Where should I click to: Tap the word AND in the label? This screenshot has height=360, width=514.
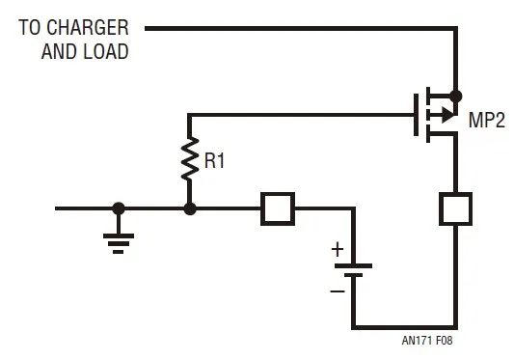59,51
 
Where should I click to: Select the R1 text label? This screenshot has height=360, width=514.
214,161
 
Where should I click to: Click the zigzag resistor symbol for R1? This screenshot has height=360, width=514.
189,162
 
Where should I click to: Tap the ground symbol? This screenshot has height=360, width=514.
119,239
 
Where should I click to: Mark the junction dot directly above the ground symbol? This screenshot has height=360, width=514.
119,208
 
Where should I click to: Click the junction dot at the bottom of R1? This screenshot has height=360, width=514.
189,208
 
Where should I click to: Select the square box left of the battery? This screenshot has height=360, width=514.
278,208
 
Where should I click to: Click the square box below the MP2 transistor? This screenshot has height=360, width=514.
454,208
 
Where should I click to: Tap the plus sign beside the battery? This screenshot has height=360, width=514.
338,249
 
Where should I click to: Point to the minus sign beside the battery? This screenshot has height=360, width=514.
338,290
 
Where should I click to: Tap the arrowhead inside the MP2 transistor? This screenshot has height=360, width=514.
445,115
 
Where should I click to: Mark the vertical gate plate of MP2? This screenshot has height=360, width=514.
416,115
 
